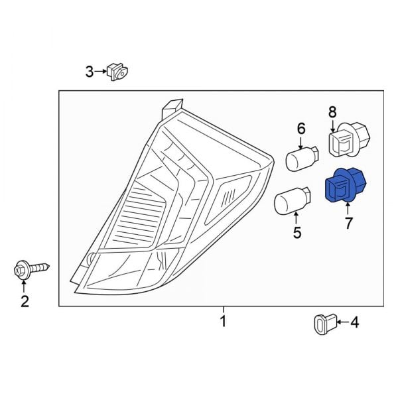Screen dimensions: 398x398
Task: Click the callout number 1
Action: coord(223,322)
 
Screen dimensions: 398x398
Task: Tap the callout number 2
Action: coord(25,302)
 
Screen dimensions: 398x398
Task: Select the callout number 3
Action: coord(90,71)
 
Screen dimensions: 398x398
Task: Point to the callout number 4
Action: coord(354,323)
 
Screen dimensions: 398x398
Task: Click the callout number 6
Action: coord(300,128)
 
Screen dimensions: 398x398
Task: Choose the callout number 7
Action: coord(348,223)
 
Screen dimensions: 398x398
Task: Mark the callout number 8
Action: coord(332,113)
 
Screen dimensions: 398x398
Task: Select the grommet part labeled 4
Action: coord(322,324)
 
